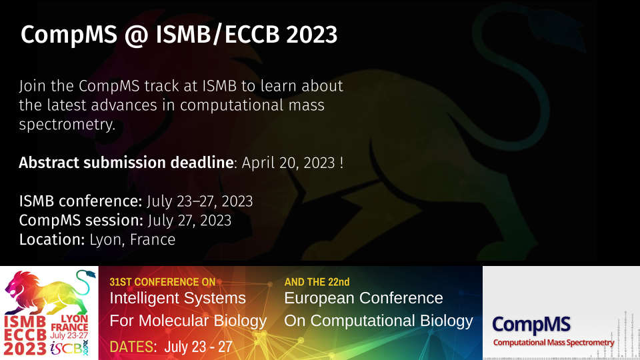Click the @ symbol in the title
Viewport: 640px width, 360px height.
tap(136, 35)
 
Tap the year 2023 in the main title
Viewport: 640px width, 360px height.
tap(311, 34)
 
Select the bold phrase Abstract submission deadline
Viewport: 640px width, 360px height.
tap(126, 163)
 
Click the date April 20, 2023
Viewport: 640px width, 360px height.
tap(288, 163)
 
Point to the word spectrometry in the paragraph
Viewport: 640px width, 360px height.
tap(67, 125)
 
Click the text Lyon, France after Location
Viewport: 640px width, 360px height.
tap(132, 239)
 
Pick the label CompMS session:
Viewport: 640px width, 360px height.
tap(81, 221)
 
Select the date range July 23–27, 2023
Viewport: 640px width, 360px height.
tap(199, 201)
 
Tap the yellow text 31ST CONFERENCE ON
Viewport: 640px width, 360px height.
tap(163, 282)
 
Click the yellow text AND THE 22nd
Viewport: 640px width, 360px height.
tap(317, 282)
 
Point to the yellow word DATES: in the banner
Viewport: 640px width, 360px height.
tap(133, 347)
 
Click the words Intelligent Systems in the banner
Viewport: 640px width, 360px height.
tap(177, 298)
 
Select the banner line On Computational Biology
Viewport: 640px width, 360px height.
tap(379, 321)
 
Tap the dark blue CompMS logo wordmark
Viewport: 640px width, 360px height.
tap(531, 325)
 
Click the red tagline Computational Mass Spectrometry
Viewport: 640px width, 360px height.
tap(553, 343)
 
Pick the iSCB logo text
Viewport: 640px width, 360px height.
tap(69, 348)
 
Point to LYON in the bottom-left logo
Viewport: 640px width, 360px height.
tap(74, 319)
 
